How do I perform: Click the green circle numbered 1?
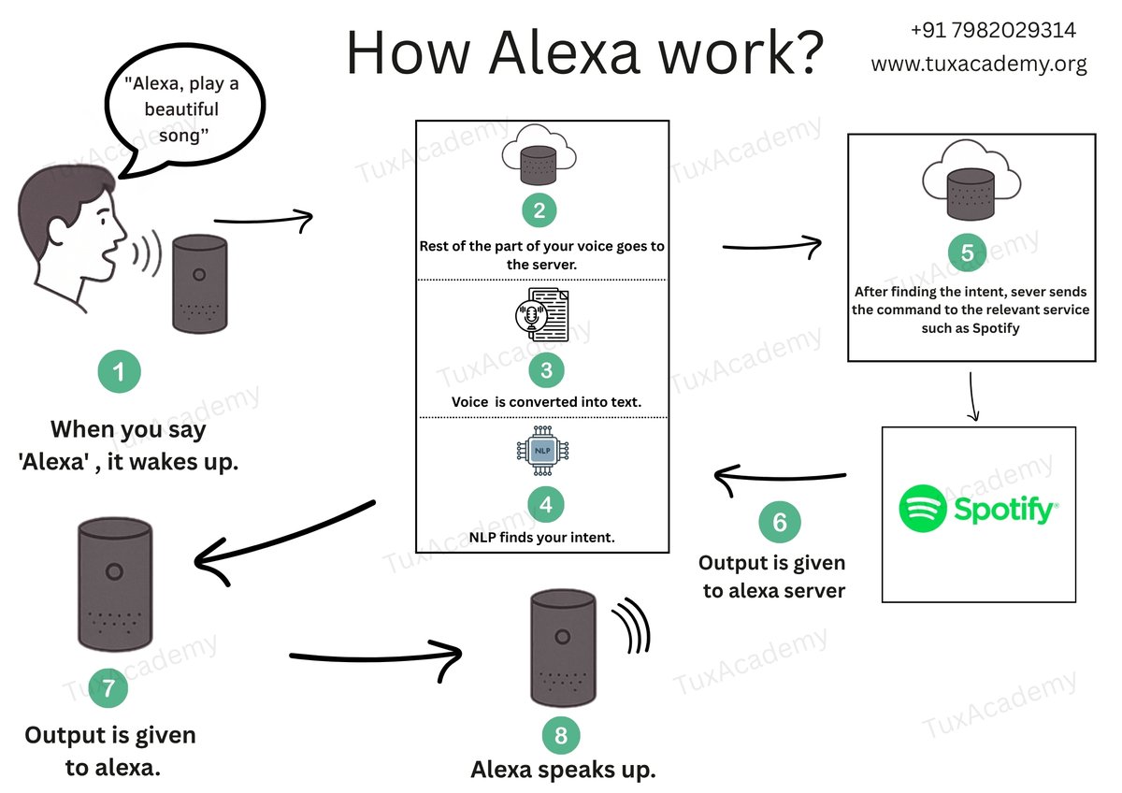[x=119, y=373]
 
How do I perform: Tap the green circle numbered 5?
[x=967, y=252]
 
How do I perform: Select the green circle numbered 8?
[x=561, y=734]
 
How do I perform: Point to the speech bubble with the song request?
[x=182, y=110]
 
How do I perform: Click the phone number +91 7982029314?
[x=992, y=31]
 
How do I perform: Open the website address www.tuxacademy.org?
[x=979, y=64]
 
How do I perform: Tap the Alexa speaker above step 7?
[x=113, y=584]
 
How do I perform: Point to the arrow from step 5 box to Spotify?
[x=973, y=397]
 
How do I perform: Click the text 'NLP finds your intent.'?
[x=542, y=537]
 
